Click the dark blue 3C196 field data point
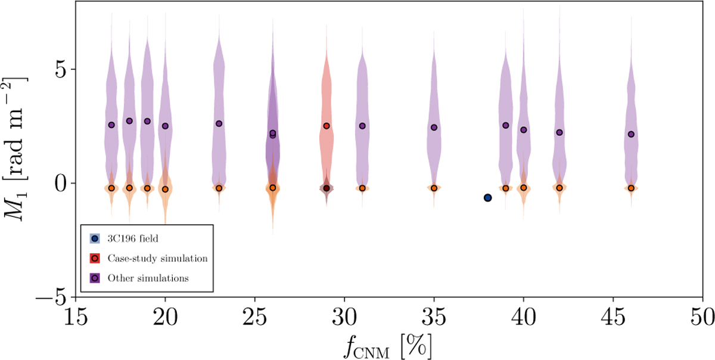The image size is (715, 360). (x=487, y=197)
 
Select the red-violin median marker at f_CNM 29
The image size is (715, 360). (x=327, y=126)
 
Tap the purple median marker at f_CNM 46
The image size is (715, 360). (x=631, y=134)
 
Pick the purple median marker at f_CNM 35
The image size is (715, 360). (x=434, y=127)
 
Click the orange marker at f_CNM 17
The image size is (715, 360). (x=111, y=188)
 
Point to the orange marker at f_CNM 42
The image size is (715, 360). (x=559, y=187)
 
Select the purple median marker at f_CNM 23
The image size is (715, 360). (x=219, y=123)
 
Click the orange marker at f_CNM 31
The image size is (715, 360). (x=362, y=188)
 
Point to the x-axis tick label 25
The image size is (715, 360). (x=254, y=314)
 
